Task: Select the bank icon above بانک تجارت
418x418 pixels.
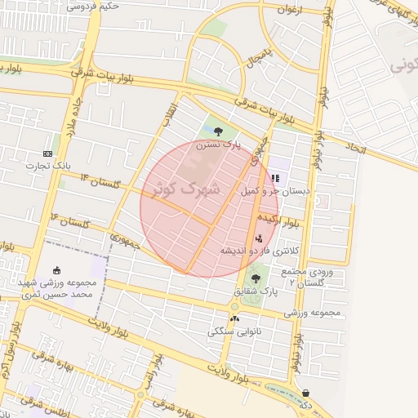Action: (47, 153)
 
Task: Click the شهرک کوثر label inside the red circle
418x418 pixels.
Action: (187, 189)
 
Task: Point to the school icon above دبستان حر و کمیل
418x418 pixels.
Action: (276, 177)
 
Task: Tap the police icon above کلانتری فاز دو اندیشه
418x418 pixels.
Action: (259, 238)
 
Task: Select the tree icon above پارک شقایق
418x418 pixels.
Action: (256, 278)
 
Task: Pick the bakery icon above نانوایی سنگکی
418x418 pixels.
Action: (235, 318)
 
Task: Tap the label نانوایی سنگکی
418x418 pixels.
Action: (234, 331)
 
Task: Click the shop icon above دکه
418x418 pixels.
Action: (305, 393)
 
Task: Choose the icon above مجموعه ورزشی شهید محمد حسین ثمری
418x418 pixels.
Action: (56, 270)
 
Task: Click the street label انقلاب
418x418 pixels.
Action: (167, 113)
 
